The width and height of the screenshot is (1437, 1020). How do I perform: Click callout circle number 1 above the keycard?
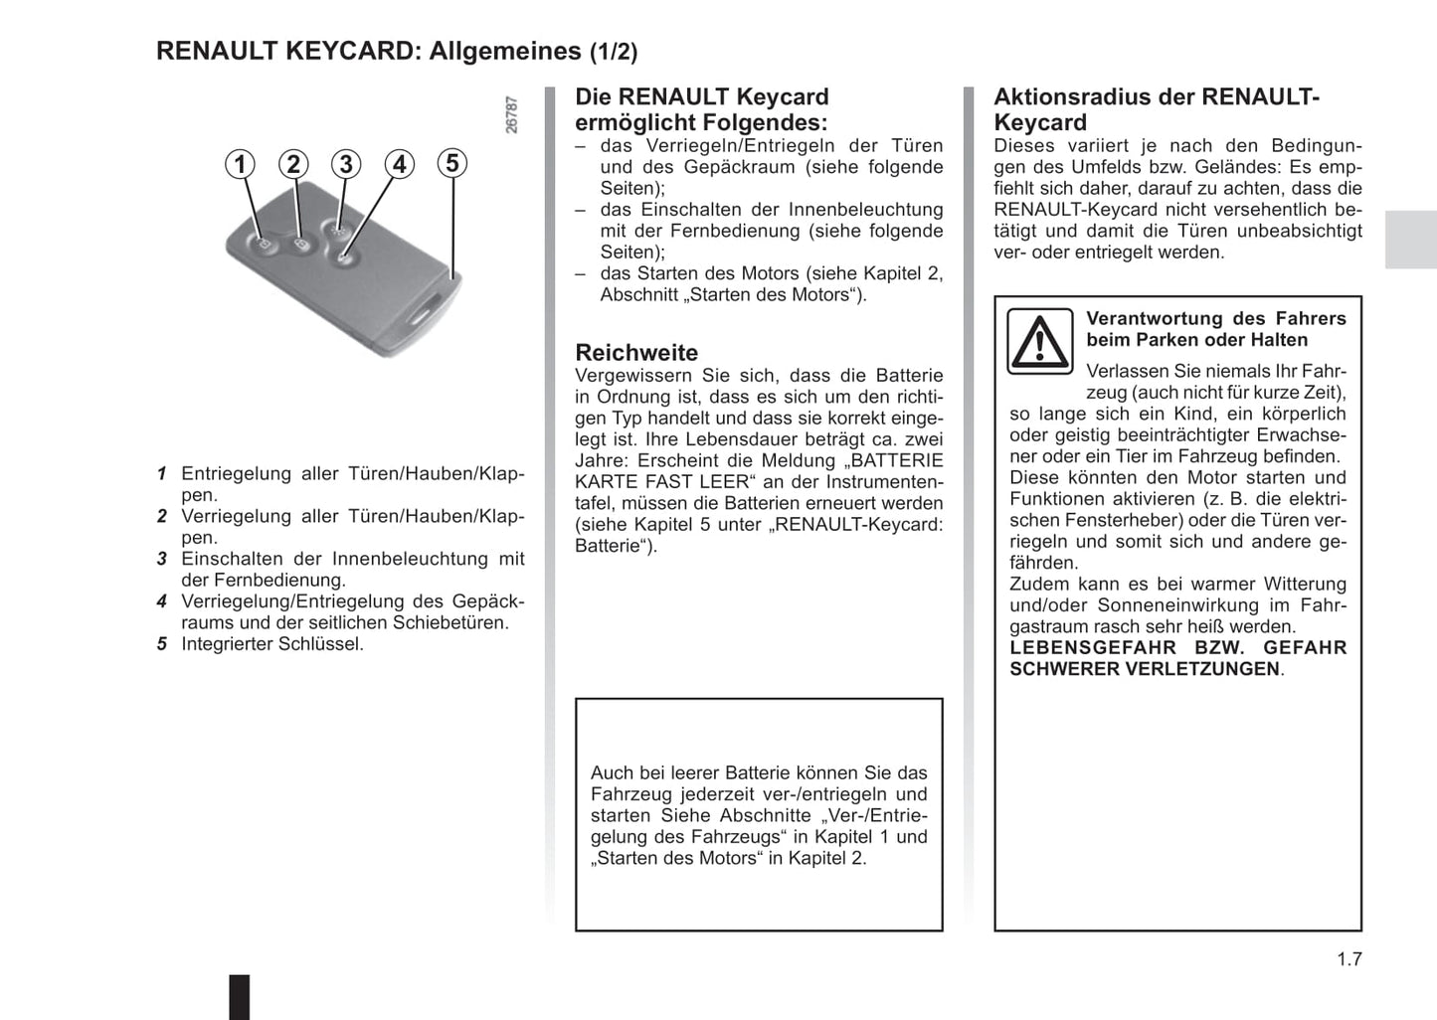[x=240, y=164]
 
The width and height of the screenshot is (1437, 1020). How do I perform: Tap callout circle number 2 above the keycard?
[x=292, y=164]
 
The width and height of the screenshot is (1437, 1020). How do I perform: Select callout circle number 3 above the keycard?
[x=345, y=164]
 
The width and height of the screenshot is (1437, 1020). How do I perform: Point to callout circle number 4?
[x=399, y=164]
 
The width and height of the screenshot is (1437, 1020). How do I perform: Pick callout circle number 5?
[x=452, y=163]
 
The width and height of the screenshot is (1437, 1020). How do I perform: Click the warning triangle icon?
[x=1039, y=341]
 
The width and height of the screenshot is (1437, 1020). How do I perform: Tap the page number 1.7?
[x=1348, y=958]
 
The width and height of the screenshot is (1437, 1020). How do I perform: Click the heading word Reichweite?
[x=636, y=353]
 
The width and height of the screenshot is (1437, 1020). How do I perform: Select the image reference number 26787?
[x=512, y=115]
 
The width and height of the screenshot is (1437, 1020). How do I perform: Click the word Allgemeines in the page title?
[x=505, y=51]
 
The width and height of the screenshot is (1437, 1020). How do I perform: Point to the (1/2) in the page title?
[x=614, y=52]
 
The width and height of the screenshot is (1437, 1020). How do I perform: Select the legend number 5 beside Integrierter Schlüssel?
[x=161, y=644]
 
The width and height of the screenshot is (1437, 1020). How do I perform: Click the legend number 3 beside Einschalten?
[x=161, y=559]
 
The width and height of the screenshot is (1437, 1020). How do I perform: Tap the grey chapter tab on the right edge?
[x=1410, y=240]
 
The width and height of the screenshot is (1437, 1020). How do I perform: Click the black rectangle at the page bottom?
[x=240, y=996]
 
